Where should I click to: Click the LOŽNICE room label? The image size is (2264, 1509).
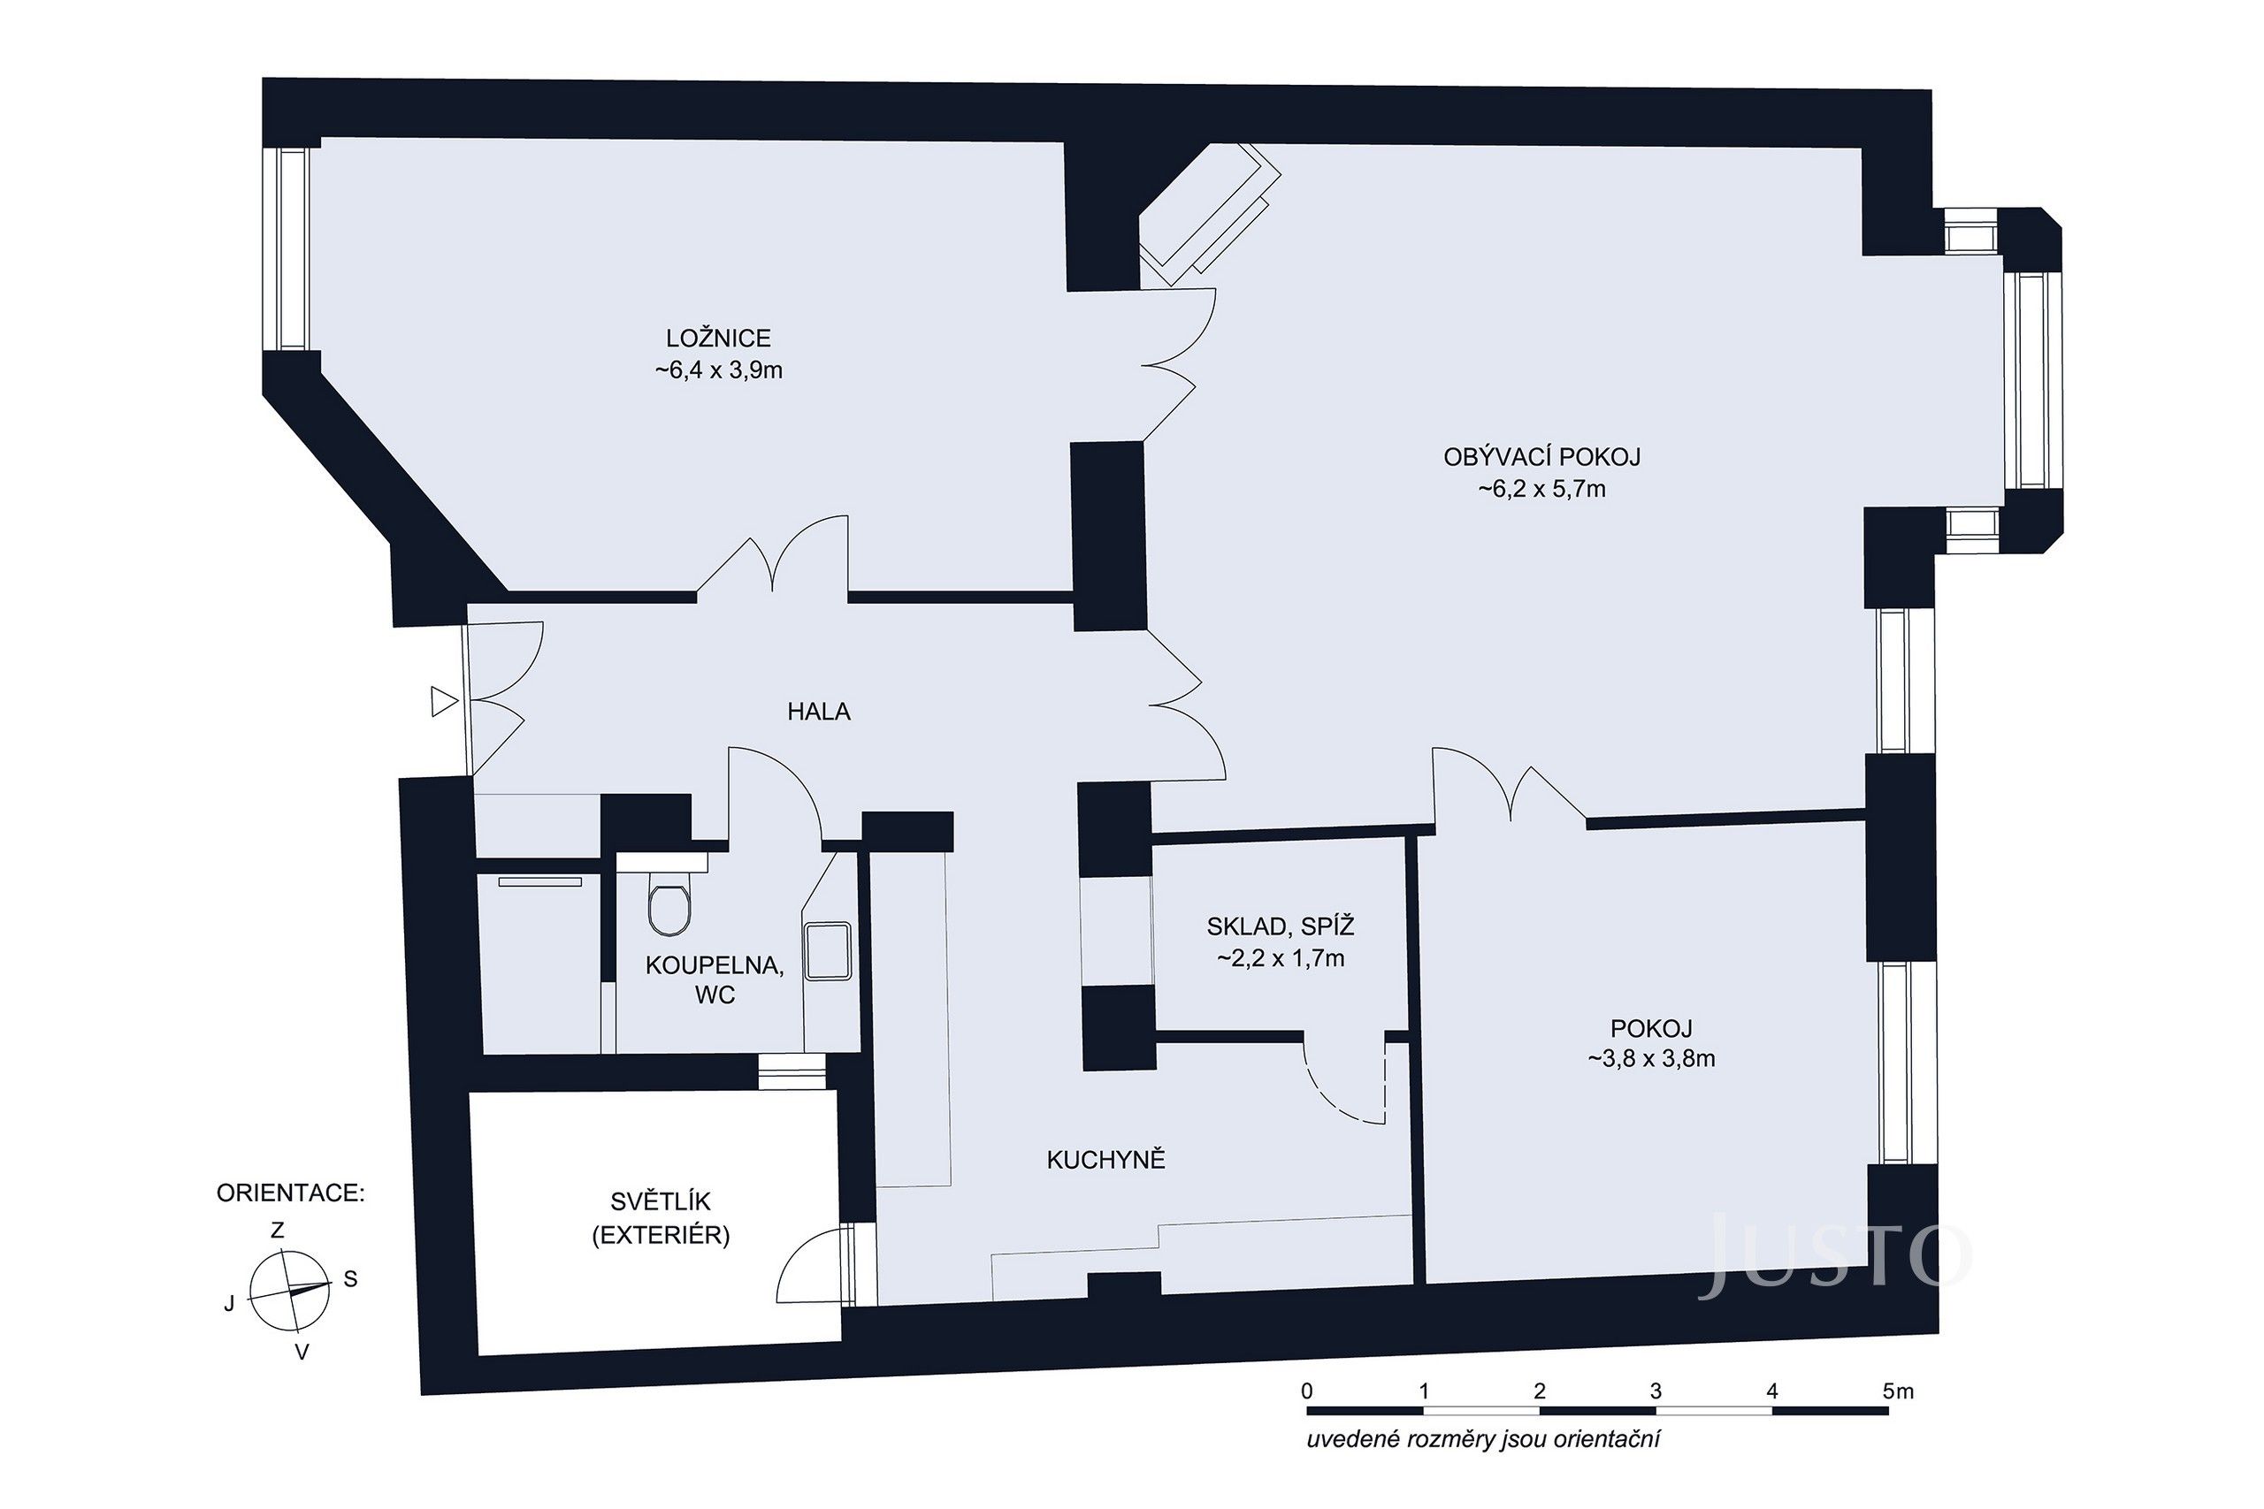coord(718,338)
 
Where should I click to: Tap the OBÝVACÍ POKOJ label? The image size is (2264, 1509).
coord(1541,457)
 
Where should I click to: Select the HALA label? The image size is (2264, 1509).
coord(818,713)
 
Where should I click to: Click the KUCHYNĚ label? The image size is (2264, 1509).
coord(1105,1161)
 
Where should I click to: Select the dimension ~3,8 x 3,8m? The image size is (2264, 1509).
coord(1651,1060)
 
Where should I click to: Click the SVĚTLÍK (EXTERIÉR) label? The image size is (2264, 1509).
coord(661,1218)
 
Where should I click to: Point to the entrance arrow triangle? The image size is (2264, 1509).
coord(443,702)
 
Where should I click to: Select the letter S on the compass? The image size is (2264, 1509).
coord(350,1279)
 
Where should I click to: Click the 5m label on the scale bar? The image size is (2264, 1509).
coord(1898,1391)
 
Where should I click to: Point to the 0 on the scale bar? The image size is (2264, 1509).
coord(1306,1391)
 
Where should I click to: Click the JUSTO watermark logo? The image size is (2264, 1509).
coord(1833,1259)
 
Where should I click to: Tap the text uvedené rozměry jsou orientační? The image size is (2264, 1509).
coord(1483,1441)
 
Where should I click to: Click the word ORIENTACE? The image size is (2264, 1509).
coord(290,1193)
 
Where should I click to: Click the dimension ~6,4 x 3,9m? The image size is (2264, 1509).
coord(718,370)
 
